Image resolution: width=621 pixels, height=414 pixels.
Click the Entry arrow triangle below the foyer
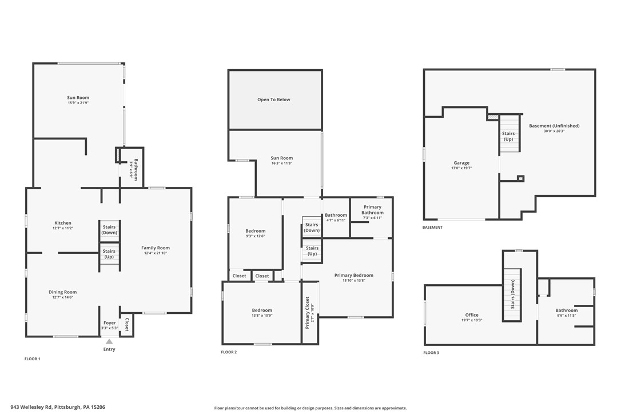click(x=109, y=341)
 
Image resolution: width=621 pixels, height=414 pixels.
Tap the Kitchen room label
click(x=63, y=223)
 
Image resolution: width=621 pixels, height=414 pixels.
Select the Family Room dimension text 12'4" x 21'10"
click(x=156, y=253)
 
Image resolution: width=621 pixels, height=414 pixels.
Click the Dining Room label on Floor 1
click(x=62, y=292)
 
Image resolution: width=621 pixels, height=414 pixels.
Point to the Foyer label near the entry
click(x=109, y=323)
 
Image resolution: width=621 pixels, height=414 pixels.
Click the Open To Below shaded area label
click(x=274, y=99)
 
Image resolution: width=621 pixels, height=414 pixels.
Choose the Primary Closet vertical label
click(x=308, y=312)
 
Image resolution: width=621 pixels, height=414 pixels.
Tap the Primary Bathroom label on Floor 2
click(x=372, y=210)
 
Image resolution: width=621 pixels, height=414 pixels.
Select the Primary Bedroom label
click(x=353, y=275)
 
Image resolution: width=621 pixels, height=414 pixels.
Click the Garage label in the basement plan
click(x=461, y=163)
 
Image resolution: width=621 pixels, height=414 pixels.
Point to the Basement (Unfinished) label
click(x=554, y=126)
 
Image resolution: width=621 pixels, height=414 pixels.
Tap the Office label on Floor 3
click(x=472, y=315)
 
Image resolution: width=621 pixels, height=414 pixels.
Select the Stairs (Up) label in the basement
click(x=508, y=136)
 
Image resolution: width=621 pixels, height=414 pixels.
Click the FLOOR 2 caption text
click(x=229, y=352)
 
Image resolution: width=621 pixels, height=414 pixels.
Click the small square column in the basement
click(x=520, y=178)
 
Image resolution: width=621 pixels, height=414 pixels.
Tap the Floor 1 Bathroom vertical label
click(x=134, y=169)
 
